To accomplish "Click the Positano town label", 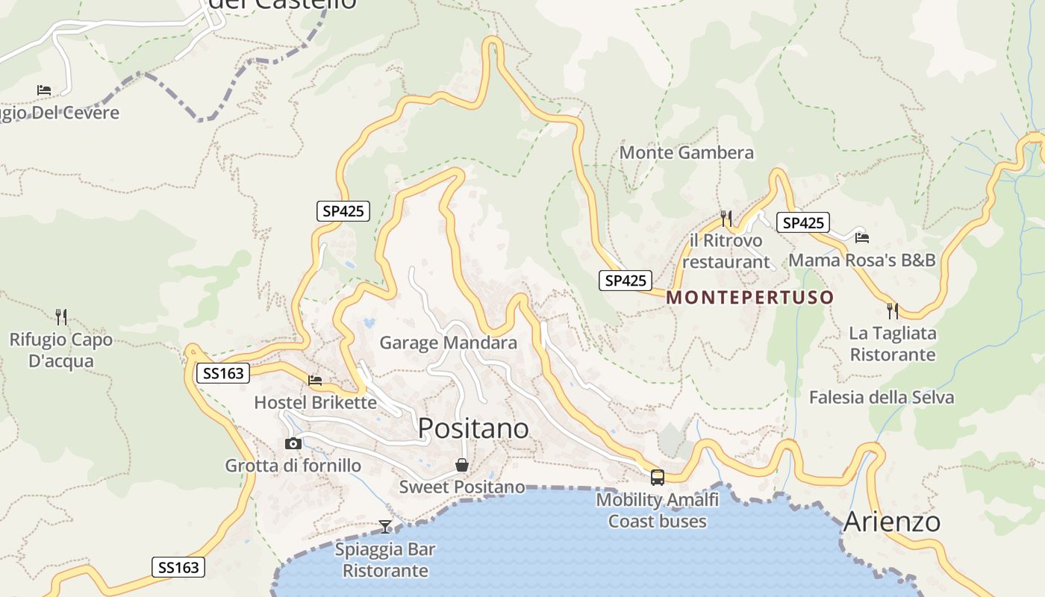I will click(473, 428).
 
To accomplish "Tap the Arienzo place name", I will click(891, 522).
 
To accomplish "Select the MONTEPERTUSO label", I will click(749, 297).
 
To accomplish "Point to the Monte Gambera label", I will click(687, 153).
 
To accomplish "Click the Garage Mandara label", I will click(448, 343).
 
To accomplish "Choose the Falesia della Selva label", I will click(882, 397).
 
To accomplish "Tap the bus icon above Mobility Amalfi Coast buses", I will click(657, 478).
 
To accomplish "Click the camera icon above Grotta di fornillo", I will click(293, 443).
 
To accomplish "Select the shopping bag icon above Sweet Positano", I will click(462, 465).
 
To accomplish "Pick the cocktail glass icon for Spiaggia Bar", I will click(384, 527).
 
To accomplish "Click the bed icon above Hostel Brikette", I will click(315, 381).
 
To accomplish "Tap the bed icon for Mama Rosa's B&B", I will click(862, 238).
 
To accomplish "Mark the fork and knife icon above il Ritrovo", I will click(726, 218).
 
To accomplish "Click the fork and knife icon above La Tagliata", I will click(892, 310).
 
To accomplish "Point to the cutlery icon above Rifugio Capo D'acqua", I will click(61, 317).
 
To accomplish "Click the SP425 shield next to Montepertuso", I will click(626, 281).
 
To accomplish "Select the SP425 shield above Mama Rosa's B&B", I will click(802, 222).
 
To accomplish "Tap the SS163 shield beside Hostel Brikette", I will click(223, 373).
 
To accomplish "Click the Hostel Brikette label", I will click(315, 402).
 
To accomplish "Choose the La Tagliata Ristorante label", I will click(893, 343).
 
